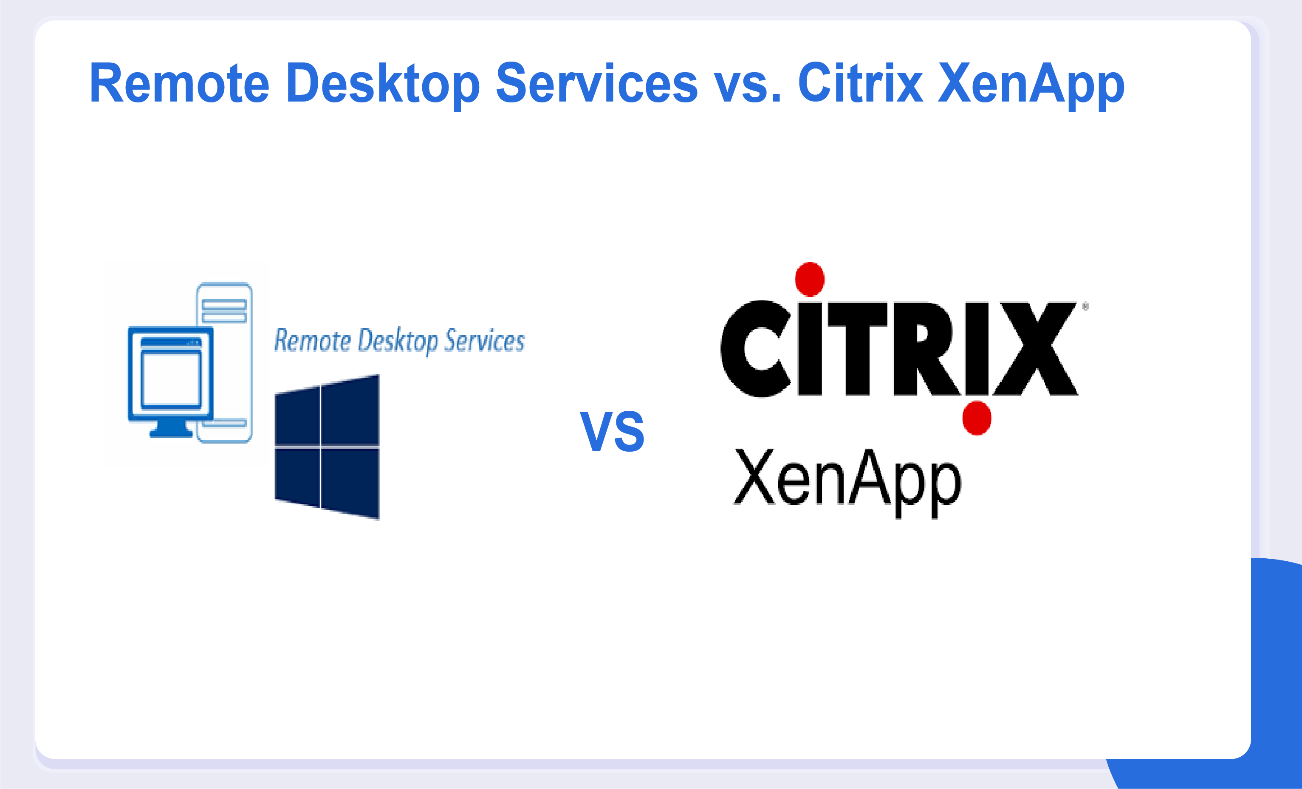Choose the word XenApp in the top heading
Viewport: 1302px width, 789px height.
click(1031, 85)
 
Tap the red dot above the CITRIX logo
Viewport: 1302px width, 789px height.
click(810, 279)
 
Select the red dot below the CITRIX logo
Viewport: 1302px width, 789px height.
click(977, 418)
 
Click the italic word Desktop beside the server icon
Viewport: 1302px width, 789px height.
click(398, 341)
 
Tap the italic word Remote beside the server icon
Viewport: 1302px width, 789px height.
click(312, 340)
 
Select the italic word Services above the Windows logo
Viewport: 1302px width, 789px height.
click(485, 340)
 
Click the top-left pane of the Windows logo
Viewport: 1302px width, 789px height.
click(297, 416)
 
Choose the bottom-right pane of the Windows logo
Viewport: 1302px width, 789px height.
click(350, 483)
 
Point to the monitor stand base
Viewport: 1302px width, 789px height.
click(171, 433)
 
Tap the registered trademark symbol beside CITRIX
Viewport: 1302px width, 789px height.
click(1085, 306)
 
